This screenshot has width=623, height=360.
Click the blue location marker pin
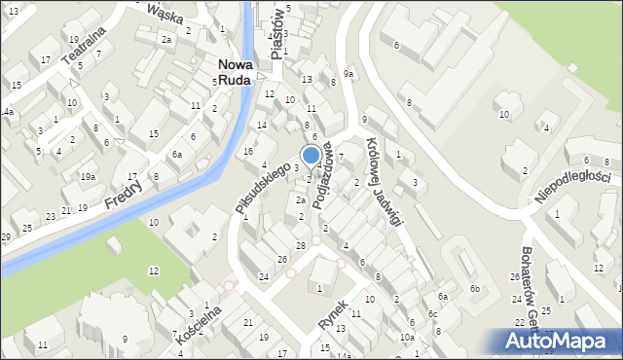point(311,155)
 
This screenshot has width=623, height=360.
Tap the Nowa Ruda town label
point(236,73)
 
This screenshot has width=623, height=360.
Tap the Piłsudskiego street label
point(262,188)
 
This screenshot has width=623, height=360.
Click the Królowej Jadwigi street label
point(384,181)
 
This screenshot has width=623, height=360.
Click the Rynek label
point(332,310)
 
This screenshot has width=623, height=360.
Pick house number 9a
point(348,74)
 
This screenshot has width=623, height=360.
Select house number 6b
point(474,289)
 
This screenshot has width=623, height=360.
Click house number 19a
point(88,176)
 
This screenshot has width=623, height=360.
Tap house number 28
point(301,244)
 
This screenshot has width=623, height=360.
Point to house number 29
point(6,237)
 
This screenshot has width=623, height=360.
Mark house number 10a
point(406,337)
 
